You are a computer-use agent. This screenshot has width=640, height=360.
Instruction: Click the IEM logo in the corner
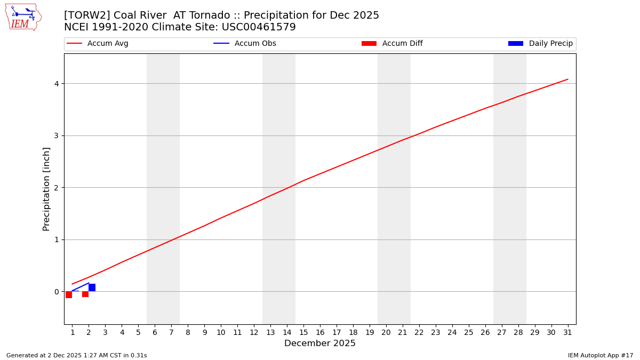point(23,17)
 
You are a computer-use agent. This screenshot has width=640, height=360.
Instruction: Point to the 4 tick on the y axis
point(56,84)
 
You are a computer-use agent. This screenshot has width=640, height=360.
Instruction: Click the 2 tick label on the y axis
point(56,188)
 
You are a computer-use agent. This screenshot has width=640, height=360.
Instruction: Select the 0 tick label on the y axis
point(56,292)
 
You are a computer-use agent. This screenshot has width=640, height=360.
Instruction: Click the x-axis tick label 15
point(303,332)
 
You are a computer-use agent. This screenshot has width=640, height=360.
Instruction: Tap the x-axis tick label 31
point(567,332)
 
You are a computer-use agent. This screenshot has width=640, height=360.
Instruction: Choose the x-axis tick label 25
point(468,332)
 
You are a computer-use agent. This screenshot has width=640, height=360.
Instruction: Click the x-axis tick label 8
point(188,332)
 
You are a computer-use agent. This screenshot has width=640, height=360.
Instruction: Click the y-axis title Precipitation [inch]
point(46,189)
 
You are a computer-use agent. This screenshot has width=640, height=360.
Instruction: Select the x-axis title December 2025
point(319,343)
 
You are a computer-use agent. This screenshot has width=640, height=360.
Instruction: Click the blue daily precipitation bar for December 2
point(92,287)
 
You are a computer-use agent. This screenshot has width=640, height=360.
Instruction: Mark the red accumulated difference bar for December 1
point(69,294)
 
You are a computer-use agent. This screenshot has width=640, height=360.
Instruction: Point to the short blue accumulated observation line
point(81,287)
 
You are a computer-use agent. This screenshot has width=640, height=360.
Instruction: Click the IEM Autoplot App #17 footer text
point(600,355)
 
